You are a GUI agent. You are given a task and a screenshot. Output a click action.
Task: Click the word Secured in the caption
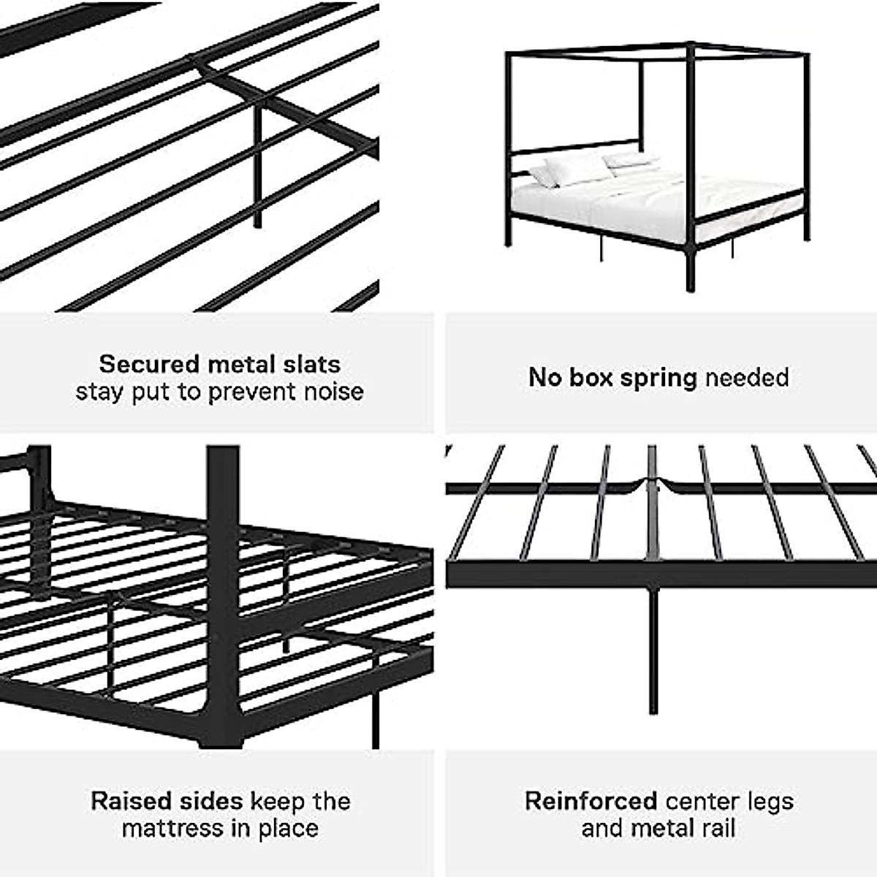point(149,364)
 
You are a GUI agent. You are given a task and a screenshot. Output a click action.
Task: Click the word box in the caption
point(592,378)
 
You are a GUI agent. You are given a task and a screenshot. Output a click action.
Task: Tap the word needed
point(746,378)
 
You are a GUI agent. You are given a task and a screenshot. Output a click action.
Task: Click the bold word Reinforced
point(591,801)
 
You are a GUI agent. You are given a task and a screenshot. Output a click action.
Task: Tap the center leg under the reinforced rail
point(653,650)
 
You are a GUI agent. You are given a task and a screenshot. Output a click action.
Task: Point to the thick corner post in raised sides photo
point(223,585)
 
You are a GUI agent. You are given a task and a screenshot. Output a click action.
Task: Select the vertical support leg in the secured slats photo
point(257,168)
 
